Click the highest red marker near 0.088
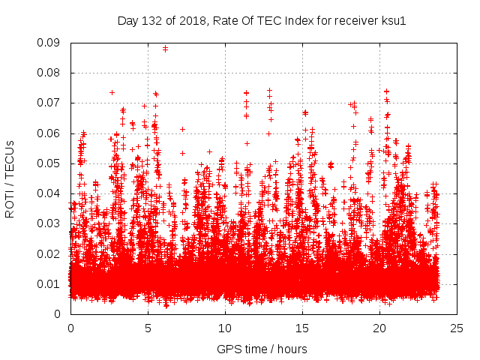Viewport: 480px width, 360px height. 165,49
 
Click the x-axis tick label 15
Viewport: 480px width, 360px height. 302,328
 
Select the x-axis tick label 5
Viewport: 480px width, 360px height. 148,328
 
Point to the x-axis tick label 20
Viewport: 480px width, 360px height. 379,328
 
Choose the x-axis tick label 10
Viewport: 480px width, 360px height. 225,328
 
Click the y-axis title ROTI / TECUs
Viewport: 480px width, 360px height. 10,178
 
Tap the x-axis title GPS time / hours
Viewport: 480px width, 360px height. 262,349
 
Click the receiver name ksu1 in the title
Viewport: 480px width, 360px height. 393,20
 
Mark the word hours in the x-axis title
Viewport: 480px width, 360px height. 292,349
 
